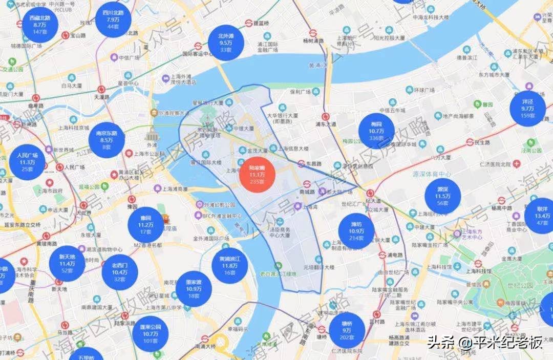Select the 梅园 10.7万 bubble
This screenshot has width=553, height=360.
pos(377,131)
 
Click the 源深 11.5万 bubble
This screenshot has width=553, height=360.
pos(442,196)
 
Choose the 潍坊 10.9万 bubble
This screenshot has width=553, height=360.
pos(356,231)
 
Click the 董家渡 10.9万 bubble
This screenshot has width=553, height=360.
pos(194,289)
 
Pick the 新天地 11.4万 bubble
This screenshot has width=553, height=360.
pos(67,263)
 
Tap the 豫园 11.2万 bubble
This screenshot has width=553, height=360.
pos(146,224)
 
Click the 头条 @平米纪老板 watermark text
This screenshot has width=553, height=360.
pos(484,342)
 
